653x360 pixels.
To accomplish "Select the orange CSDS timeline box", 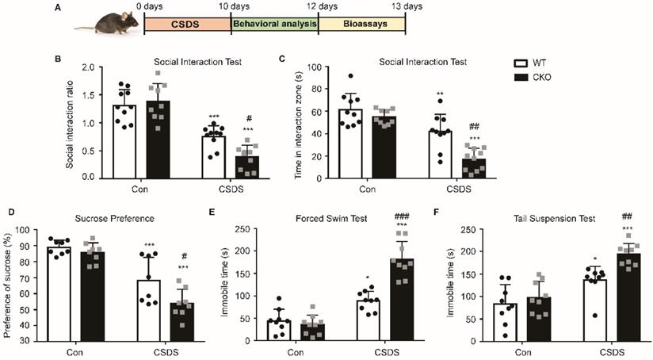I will click(x=187, y=24).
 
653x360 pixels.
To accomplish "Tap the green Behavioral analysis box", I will click(x=274, y=24).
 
